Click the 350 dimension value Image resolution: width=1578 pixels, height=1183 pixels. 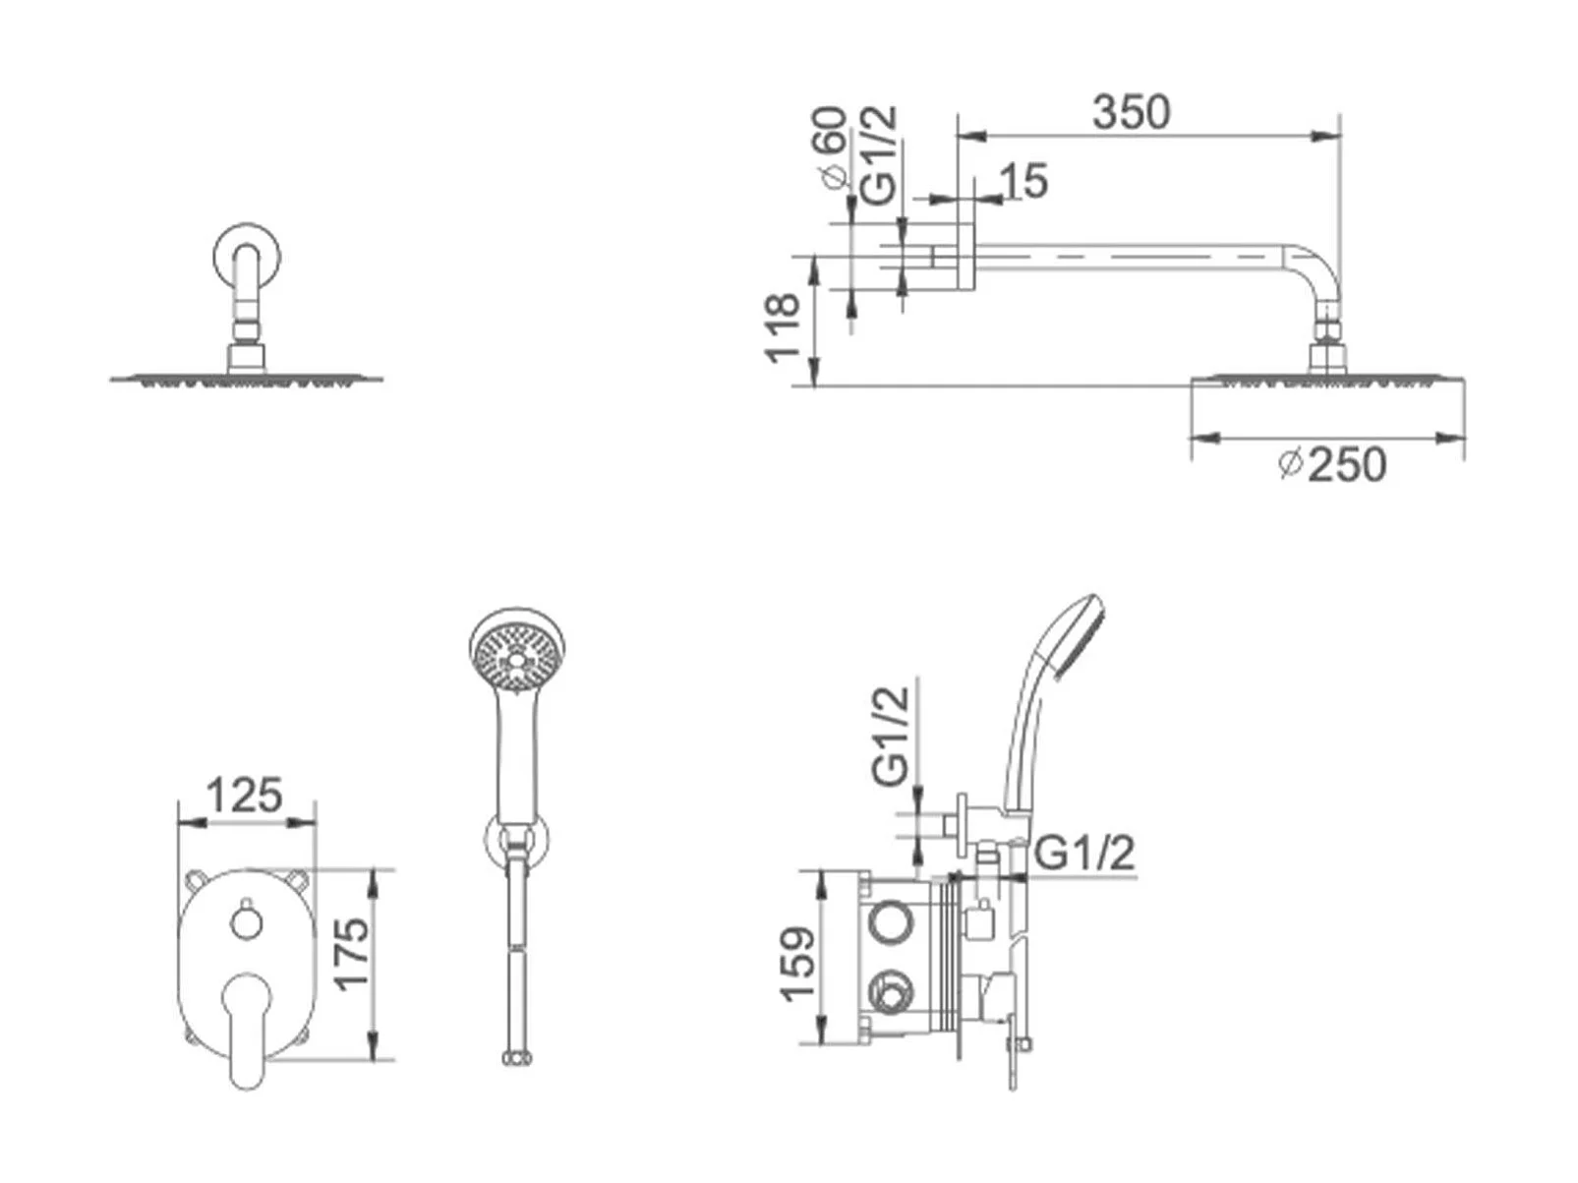click(x=1132, y=112)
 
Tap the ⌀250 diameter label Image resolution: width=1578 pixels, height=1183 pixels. click(x=1333, y=463)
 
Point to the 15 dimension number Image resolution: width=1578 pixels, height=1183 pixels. click(x=1024, y=181)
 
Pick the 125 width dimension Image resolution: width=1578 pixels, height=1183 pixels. click(x=244, y=795)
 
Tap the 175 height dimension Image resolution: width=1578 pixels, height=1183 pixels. click(x=351, y=952)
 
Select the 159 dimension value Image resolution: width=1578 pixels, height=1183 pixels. click(x=797, y=964)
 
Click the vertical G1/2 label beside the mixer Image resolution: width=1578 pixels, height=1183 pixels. click(x=893, y=735)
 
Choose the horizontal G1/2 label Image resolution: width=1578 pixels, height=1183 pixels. click(x=1085, y=853)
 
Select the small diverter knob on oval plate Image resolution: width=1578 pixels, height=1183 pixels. click(x=244, y=922)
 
